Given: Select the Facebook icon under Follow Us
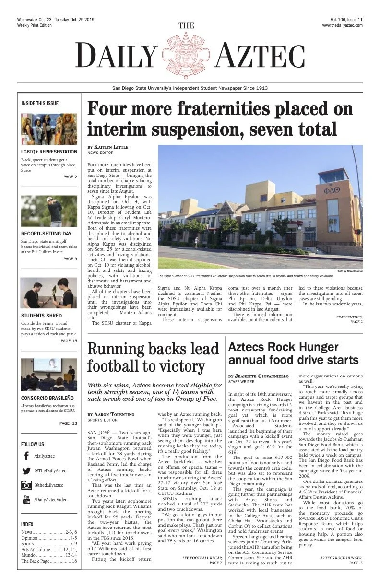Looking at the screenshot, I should [x=26, y=456].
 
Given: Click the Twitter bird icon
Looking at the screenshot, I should [x=26, y=471].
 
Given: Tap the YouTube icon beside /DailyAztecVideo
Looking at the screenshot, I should [x=26, y=500].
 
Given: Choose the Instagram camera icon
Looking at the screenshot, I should [x=26, y=485].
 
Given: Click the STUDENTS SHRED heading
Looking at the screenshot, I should [x=41, y=316].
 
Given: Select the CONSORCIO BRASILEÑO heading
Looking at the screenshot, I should [x=47, y=398].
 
